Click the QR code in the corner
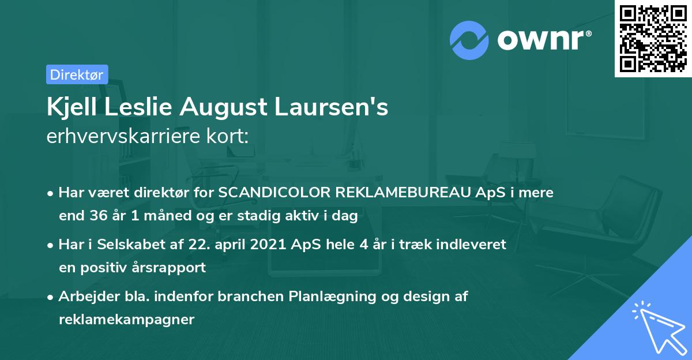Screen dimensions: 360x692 (x=653, y=39)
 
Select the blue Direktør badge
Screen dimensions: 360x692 (x=77, y=74)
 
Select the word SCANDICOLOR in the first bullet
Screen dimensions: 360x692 (x=267, y=193)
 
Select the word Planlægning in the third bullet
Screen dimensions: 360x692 (x=334, y=297)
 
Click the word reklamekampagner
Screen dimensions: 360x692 (x=127, y=320)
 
